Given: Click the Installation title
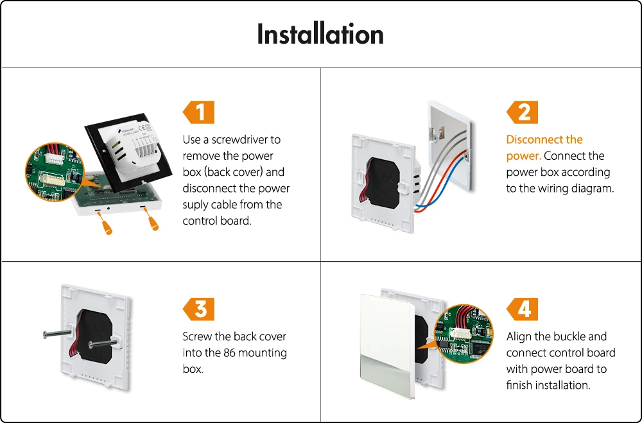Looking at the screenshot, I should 320,34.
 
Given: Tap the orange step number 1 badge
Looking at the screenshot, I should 199,113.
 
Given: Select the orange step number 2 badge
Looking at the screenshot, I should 523,113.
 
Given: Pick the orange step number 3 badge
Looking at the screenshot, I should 199,309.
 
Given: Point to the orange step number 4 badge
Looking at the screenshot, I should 523,309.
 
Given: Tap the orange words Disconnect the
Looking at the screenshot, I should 544,140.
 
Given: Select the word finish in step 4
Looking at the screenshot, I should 521,386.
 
